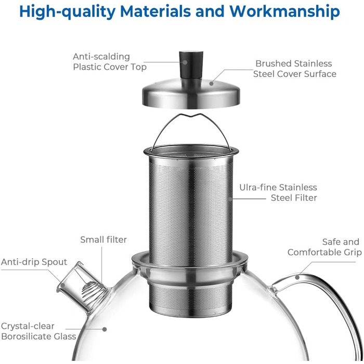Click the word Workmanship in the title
(x=284, y=11)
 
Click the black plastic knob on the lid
(x=191, y=64)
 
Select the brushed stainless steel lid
(x=191, y=93)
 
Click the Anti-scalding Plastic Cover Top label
(x=110, y=62)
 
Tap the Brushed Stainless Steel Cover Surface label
(x=294, y=69)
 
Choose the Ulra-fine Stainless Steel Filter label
(x=278, y=192)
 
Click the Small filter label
(x=103, y=240)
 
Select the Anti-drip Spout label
(x=34, y=262)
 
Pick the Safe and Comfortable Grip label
(x=324, y=247)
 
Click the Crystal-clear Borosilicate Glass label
(x=38, y=331)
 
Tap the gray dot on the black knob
(x=185, y=62)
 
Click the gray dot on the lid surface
(x=211, y=83)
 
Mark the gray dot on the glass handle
(x=297, y=277)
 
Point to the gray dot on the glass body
(x=105, y=329)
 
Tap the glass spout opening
(x=70, y=276)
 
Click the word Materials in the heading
(x=155, y=11)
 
